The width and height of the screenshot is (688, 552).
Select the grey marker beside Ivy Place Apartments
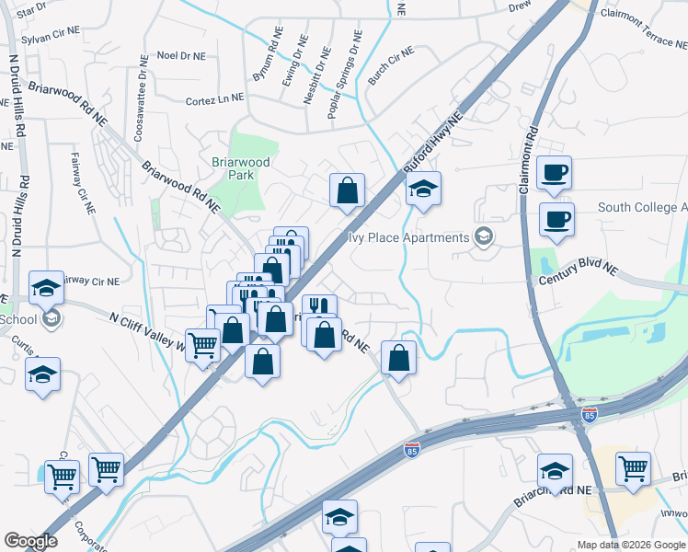[x=483, y=237]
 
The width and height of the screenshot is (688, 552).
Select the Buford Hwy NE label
[x=431, y=144]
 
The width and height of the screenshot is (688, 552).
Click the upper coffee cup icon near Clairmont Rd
[x=555, y=172]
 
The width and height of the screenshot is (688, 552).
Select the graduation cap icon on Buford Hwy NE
[x=423, y=189]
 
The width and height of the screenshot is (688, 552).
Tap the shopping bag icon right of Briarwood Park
[x=348, y=190]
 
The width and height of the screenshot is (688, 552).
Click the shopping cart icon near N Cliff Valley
[x=202, y=346]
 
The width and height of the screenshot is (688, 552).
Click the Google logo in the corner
[x=30, y=541]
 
